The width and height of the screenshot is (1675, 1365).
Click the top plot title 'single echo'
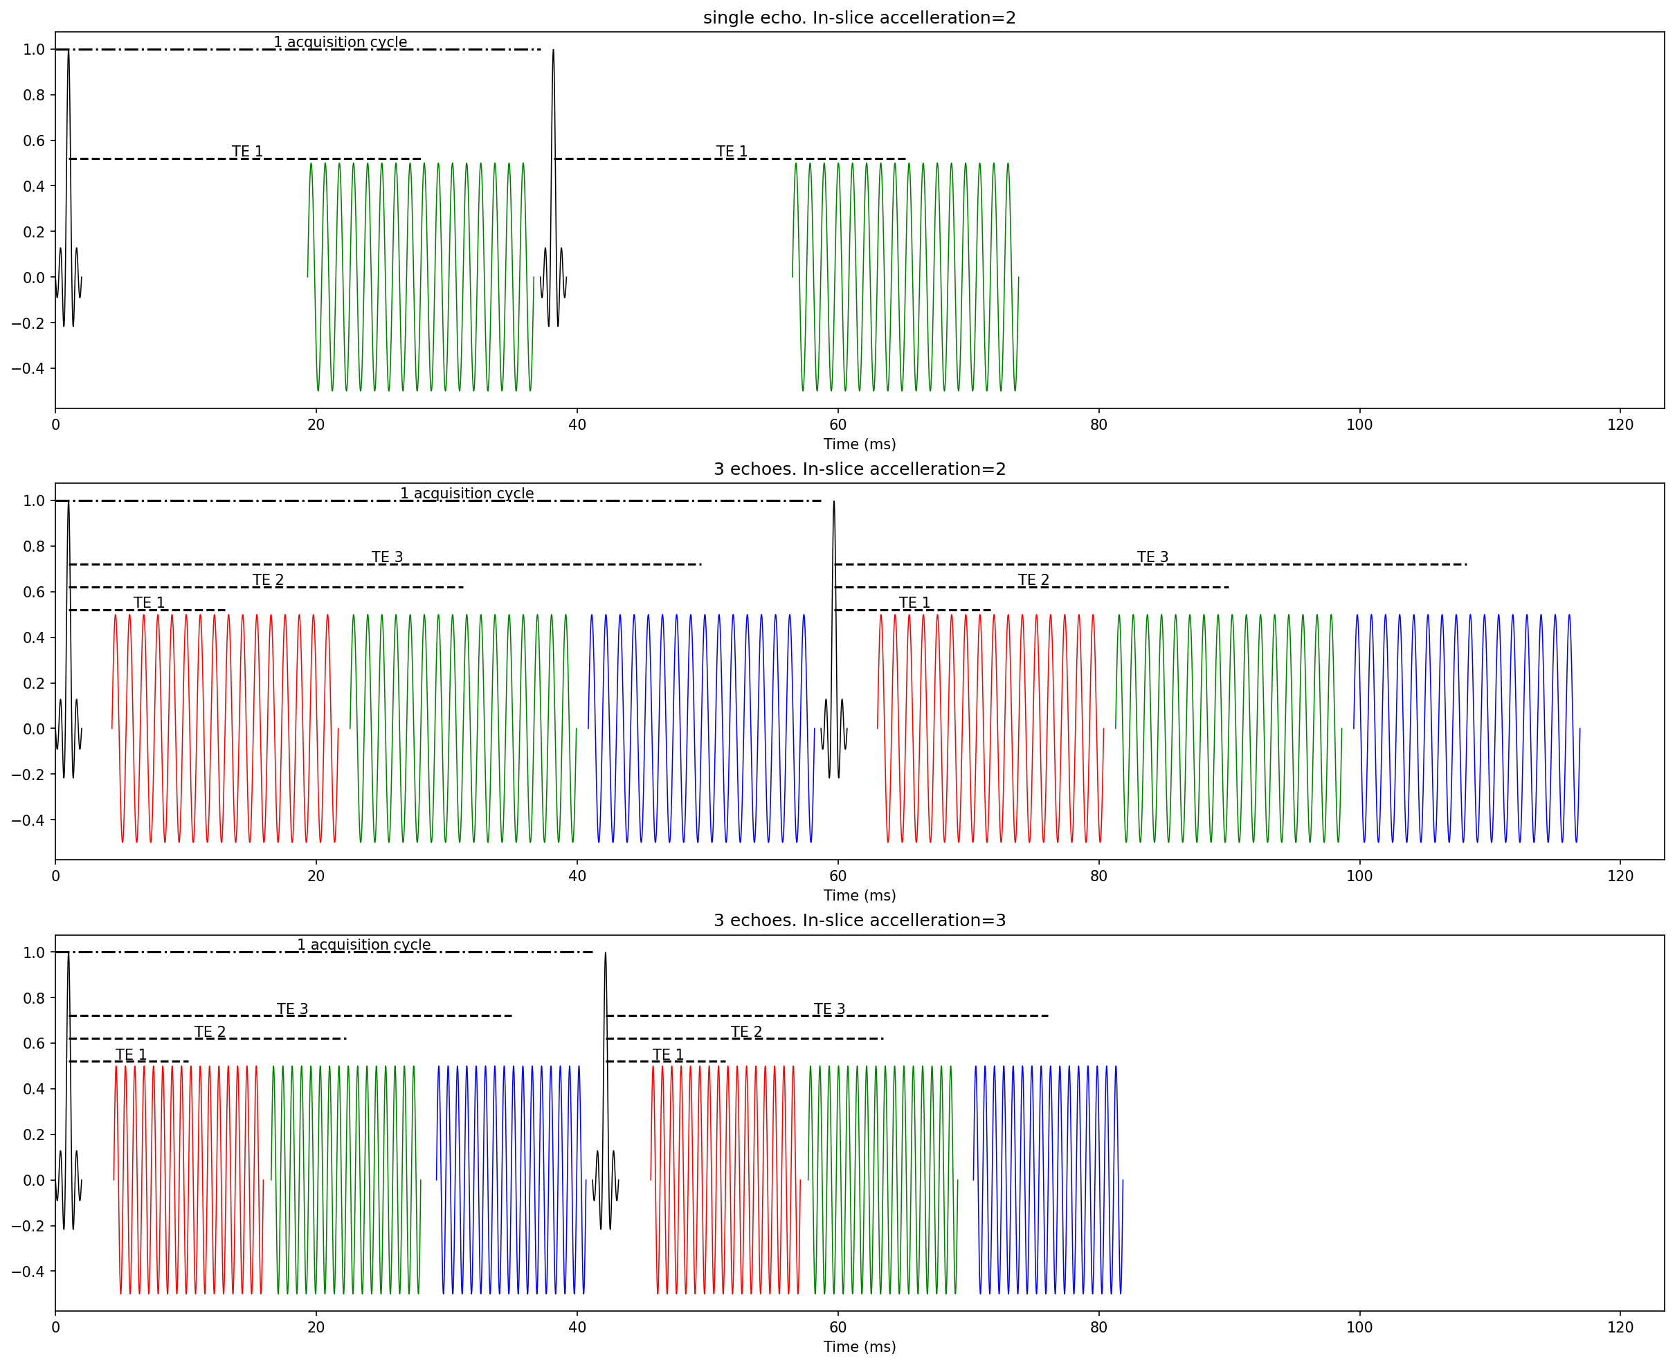859,17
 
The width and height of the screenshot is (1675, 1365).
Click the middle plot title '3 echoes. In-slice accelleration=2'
859,469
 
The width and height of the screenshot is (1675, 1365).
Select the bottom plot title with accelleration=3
859,920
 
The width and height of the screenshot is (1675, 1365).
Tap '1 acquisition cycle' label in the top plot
340,42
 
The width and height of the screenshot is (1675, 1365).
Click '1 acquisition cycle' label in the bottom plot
363,944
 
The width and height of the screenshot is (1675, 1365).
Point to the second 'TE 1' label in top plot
732,151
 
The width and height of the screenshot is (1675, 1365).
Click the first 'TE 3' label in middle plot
387,557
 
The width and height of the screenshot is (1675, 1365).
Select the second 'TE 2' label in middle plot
1033,579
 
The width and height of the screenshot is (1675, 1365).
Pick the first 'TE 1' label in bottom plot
131,1054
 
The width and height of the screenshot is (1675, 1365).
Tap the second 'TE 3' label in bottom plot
829,1009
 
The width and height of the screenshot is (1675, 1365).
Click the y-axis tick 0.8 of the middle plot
34,546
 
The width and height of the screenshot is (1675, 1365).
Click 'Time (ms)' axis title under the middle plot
859,895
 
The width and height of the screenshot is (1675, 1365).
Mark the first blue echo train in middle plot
701,728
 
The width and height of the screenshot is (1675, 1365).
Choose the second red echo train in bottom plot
725,1179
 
